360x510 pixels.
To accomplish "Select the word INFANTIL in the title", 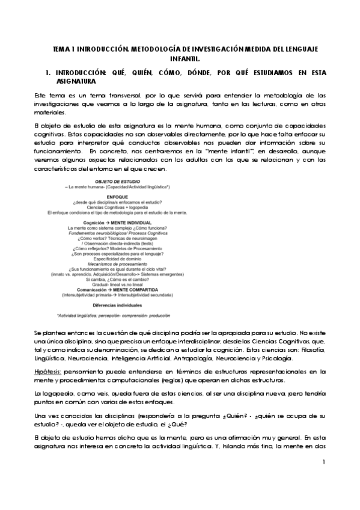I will pos(180,59).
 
